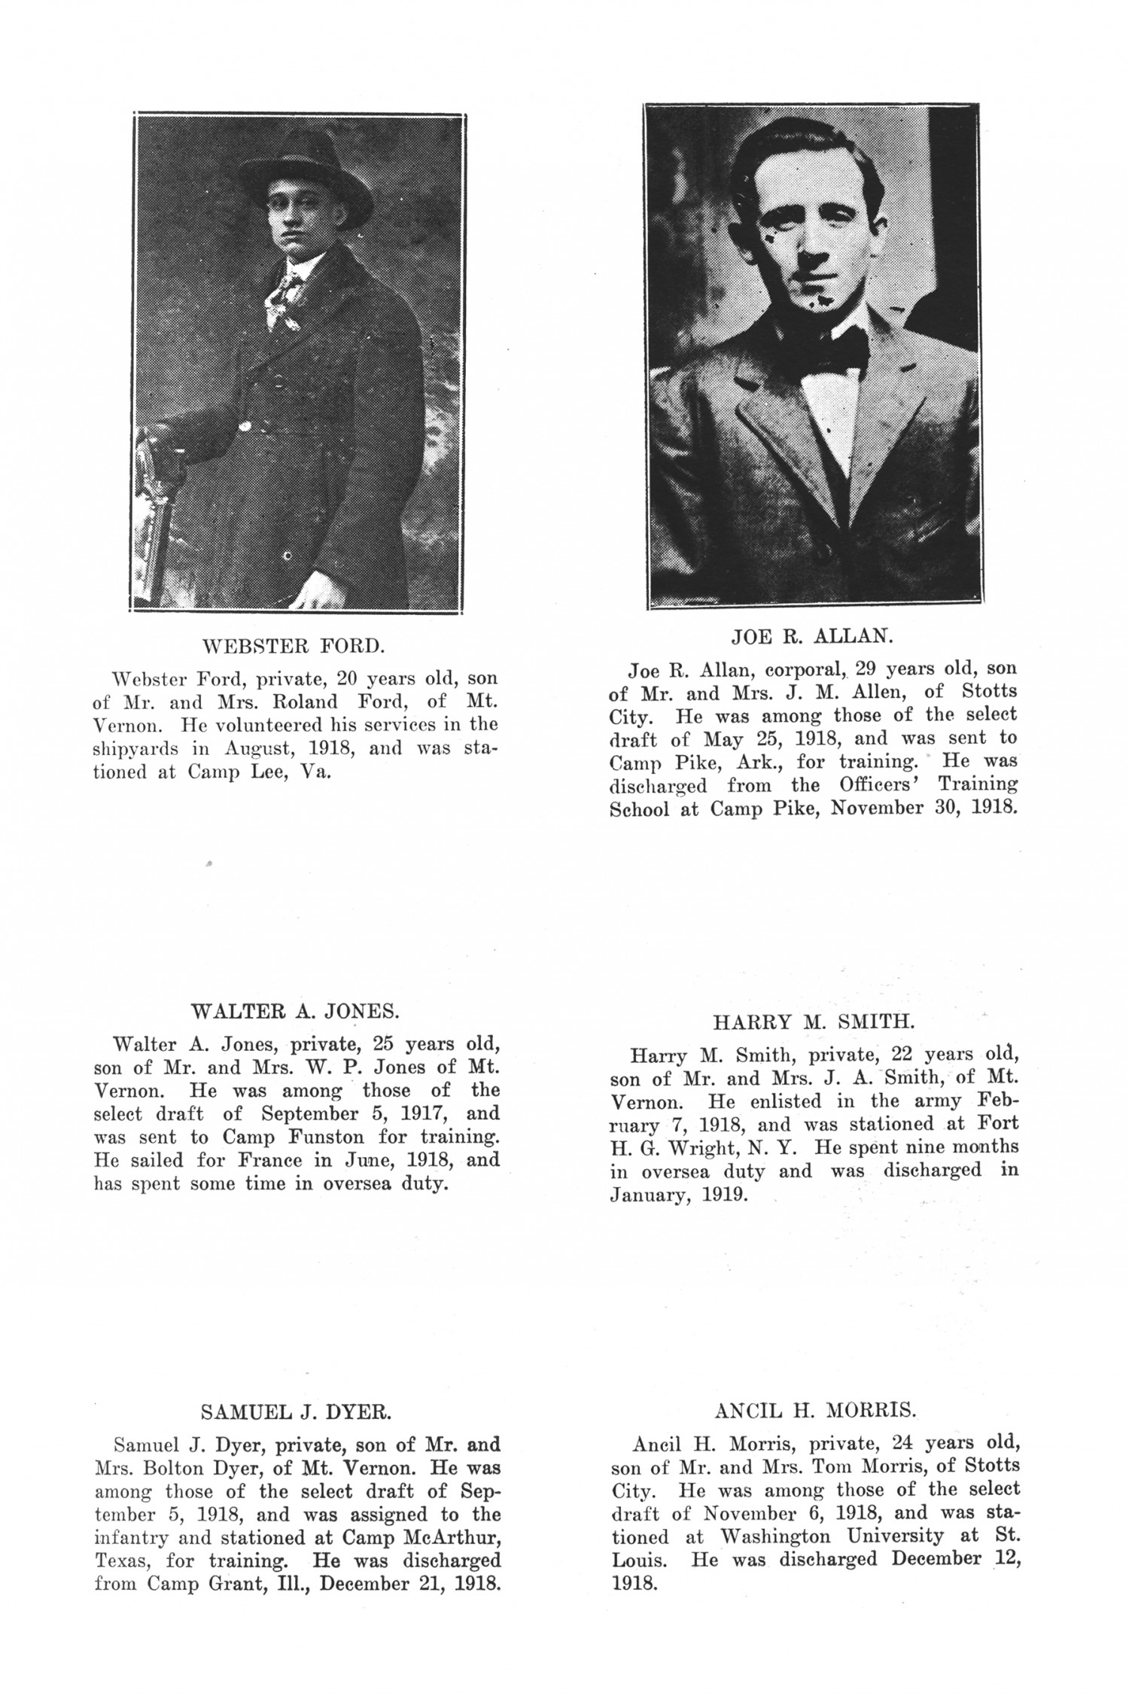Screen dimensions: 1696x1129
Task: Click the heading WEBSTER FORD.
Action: coord(294,646)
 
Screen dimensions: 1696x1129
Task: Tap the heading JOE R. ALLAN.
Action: coord(812,636)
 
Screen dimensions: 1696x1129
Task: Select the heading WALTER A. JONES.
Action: coord(295,1009)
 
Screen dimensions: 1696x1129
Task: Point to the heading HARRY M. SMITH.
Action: coord(814,1022)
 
